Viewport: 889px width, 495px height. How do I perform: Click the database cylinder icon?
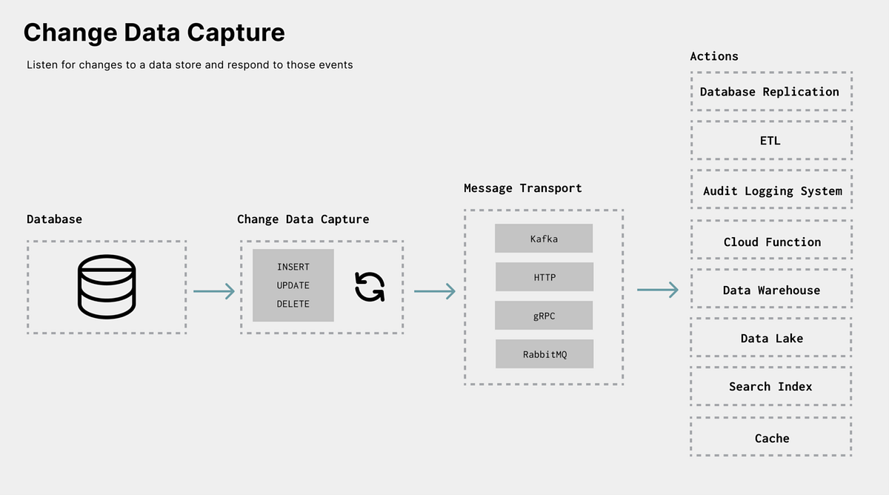click(x=107, y=287)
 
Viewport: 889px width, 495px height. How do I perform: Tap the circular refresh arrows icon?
click(x=370, y=287)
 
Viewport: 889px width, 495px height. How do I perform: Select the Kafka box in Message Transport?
click(x=544, y=239)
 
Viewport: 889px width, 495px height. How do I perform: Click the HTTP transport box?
click(x=544, y=277)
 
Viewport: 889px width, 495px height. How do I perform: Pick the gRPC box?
click(x=544, y=316)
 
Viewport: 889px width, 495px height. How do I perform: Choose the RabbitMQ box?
click(x=544, y=354)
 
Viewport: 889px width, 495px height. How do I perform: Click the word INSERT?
click(x=293, y=267)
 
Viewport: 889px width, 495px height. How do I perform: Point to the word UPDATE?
click(x=293, y=285)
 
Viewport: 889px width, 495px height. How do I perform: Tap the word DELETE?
click(x=293, y=304)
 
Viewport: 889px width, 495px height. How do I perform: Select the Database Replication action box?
click(x=770, y=92)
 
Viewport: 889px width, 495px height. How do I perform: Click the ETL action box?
click(x=770, y=140)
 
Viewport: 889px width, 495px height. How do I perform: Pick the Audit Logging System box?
click(x=770, y=190)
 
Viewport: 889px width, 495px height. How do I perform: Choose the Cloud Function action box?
click(x=770, y=242)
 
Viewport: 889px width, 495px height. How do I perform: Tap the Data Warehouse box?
click(x=770, y=290)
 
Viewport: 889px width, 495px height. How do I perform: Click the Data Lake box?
click(x=770, y=338)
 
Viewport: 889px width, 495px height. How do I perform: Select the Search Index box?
click(x=770, y=386)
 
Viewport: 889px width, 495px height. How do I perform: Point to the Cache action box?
click(x=770, y=438)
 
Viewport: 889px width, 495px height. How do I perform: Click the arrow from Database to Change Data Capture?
click(x=214, y=291)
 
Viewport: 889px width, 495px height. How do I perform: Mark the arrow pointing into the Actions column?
click(x=658, y=290)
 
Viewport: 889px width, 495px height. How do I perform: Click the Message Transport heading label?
click(x=522, y=188)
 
